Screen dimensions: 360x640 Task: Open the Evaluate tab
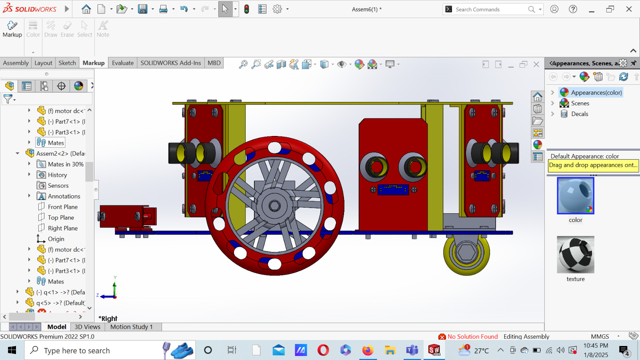[x=122, y=63]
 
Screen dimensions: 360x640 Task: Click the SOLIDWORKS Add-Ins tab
[x=170, y=63]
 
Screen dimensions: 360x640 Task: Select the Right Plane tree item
[x=63, y=228]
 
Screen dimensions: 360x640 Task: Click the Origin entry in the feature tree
[x=56, y=239]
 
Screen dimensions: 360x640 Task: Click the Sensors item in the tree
[x=58, y=186]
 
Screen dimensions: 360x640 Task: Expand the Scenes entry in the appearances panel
[x=552, y=103]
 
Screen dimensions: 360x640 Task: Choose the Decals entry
[x=579, y=114]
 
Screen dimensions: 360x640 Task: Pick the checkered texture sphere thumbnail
[x=575, y=254]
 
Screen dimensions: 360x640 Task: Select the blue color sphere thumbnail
[x=575, y=196]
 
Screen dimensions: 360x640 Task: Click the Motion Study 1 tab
[x=132, y=327]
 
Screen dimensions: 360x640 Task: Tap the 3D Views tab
[x=87, y=327]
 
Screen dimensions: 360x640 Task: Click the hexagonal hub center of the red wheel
[x=274, y=206]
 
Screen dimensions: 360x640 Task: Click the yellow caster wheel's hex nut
[x=466, y=252]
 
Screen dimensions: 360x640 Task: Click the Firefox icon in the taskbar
[x=367, y=350]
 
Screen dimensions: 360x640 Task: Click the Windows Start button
[x=12, y=350]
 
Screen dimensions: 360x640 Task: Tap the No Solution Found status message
[x=472, y=336]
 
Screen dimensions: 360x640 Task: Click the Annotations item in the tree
[x=64, y=196]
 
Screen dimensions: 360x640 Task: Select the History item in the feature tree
[x=57, y=175]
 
